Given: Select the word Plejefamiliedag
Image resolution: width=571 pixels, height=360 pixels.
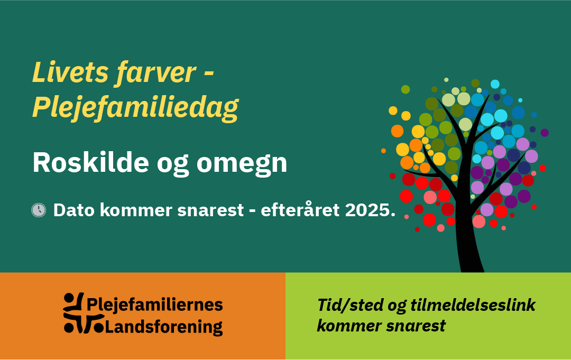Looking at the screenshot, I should click(x=135, y=107).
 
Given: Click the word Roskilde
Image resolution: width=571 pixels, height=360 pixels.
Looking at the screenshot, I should click(x=87, y=163).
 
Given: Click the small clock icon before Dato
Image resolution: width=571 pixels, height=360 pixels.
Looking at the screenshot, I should click(x=39, y=210).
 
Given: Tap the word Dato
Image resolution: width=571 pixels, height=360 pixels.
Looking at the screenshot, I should click(x=74, y=210).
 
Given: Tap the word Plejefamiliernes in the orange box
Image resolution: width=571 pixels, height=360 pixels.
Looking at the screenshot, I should click(x=154, y=305).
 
